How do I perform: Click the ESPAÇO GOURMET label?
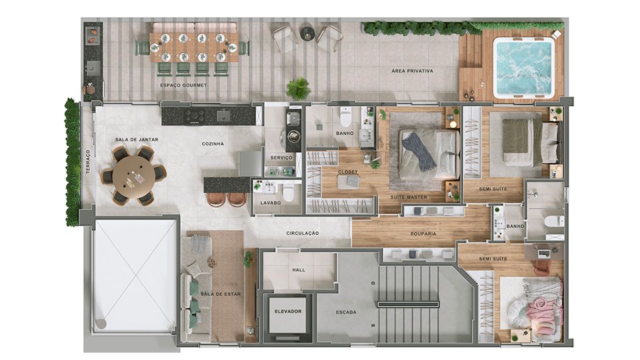click(x=183, y=85)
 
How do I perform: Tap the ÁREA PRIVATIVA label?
click(x=412, y=71)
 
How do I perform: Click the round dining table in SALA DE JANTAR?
click(x=133, y=177)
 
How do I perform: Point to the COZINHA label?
click(x=213, y=144)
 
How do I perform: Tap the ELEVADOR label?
click(x=288, y=311)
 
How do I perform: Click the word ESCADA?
click(x=346, y=312)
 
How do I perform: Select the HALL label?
click(x=299, y=270)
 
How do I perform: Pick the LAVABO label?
click(x=270, y=203)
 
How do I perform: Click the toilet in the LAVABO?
click(x=289, y=193)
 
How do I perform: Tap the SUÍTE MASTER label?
click(x=409, y=197)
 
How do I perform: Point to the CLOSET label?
click(x=348, y=172)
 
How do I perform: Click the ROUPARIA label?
click(x=423, y=234)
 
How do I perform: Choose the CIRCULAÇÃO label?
click(x=303, y=233)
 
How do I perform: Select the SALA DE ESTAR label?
click(x=221, y=294)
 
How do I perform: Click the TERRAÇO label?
click(x=88, y=162)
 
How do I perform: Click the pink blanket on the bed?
click(x=540, y=309)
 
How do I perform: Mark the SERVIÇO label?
click(x=281, y=157)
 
